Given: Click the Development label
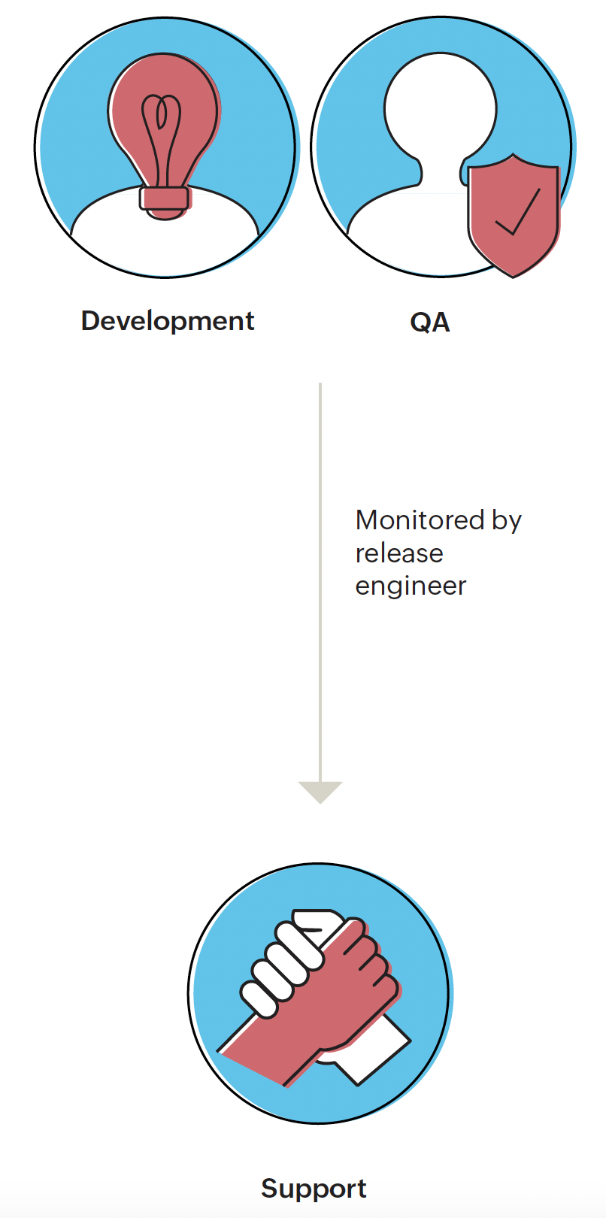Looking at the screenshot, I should click(x=168, y=321).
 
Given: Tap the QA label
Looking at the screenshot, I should click(x=430, y=323).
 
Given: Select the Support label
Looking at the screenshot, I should click(x=314, y=1189).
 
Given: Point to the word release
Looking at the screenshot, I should click(x=399, y=553).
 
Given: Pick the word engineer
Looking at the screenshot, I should click(x=411, y=586).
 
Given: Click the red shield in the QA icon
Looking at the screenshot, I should click(x=514, y=214).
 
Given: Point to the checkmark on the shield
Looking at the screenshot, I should click(x=519, y=214).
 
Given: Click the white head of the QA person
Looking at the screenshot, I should click(x=440, y=105).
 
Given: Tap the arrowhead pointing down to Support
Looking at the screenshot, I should click(x=320, y=791).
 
